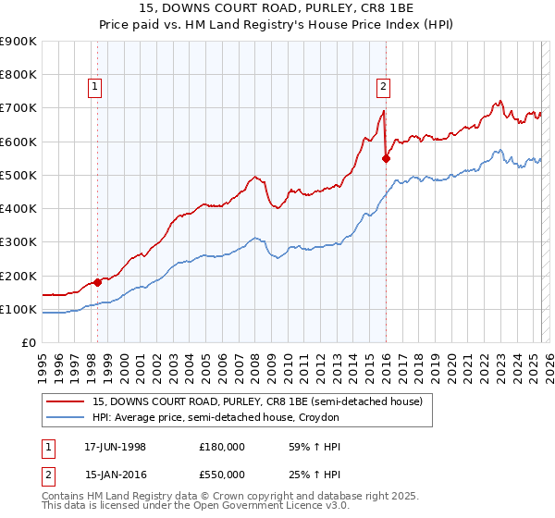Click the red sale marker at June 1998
tap(97, 282)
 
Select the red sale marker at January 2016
tap(386, 158)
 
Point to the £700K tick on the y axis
tap(18, 108)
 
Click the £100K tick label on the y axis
tap(18, 310)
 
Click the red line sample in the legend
tap(66, 401)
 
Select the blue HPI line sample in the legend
tap(66, 418)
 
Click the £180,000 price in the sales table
tap(222, 447)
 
